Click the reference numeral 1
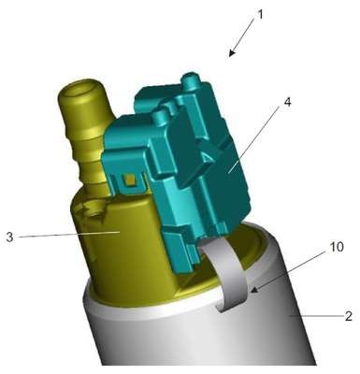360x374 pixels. point(260,15)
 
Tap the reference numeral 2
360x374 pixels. point(348,316)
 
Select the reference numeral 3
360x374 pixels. point(10,237)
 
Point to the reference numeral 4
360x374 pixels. point(287,102)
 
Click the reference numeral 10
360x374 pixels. point(337,247)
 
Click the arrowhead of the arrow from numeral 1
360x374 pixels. point(231,53)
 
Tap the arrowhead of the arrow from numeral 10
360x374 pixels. point(254,290)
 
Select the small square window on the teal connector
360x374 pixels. point(128,180)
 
